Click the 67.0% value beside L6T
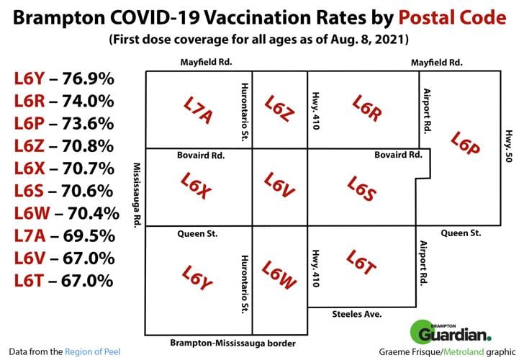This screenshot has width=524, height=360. coord(89,281)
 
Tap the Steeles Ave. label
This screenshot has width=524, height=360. coord(356,315)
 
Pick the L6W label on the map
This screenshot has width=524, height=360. coord(279,275)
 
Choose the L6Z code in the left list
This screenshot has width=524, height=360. coord(28,146)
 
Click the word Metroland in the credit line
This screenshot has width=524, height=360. coord(464,351)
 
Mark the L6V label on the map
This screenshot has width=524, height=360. coord(279,186)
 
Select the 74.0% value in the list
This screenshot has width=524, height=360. coord(89,102)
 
